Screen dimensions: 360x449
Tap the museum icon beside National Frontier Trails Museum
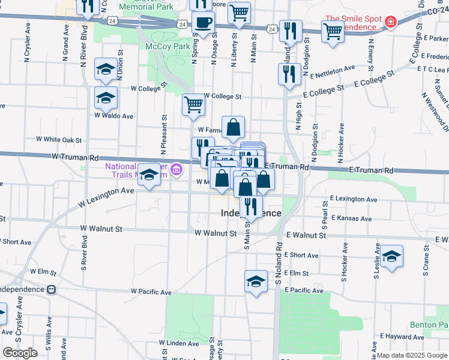[175, 170]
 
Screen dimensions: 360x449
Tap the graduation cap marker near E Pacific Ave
[256, 281]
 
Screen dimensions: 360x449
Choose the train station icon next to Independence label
[52, 289]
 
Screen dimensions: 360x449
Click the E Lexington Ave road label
[354, 199]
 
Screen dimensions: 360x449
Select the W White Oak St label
[58, 139]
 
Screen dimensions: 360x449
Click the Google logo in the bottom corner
[20, 353]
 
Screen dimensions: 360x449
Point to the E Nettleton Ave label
[329, 70]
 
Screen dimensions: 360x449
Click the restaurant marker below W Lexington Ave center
[250, 206]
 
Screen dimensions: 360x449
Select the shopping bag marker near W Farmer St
[233, 127]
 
